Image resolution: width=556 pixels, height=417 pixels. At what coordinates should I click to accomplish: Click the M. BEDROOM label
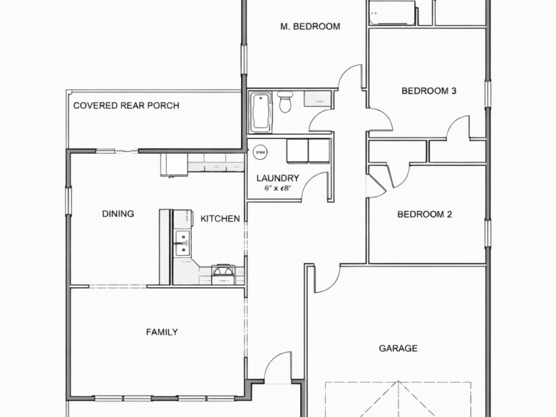coord(310,27)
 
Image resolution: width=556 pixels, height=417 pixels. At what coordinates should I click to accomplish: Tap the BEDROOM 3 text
coord(429,90)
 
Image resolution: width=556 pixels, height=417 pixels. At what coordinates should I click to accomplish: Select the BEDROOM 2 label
coord(425,215)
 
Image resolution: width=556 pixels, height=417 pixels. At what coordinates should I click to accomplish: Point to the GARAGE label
coord(398,348)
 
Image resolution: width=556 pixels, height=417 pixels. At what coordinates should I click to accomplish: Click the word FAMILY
coord(161,332)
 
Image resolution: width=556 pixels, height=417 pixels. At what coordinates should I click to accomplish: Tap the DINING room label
coord(117,214)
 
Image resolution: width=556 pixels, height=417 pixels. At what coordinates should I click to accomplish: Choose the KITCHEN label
coord(220,219)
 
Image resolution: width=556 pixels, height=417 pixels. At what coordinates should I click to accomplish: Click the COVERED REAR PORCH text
coord(126,106)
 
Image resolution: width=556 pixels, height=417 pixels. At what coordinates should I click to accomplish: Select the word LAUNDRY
coord(277,178)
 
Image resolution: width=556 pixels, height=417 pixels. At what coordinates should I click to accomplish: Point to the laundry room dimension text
coord(277,188)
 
